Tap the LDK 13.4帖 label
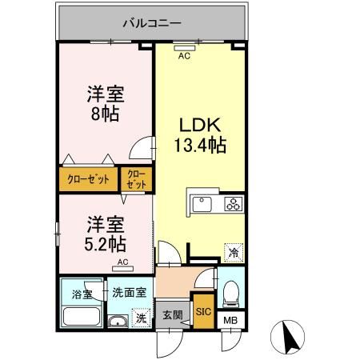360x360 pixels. (199, 135)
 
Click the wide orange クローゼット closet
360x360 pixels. (87, 178)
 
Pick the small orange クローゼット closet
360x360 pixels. (135, 179)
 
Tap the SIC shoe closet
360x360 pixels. (203, 312)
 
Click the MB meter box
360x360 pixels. (230, 322)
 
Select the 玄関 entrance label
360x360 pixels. (173, 314)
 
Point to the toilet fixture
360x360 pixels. (230, 294)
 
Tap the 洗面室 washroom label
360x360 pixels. (128, 292)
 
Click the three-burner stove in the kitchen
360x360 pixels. (233, 203)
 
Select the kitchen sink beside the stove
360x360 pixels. (199, 204)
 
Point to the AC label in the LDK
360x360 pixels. (184, 56)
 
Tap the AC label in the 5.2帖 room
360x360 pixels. (123, 262)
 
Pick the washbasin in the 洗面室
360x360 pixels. (118, 322)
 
